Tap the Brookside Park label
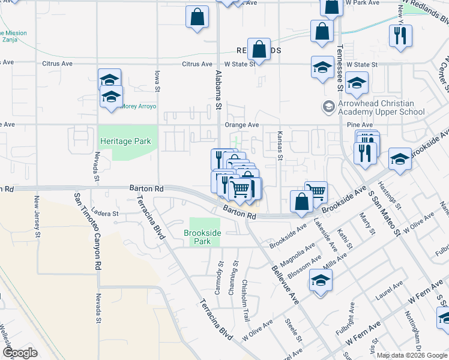click(202, 236)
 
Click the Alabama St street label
click(218, 90)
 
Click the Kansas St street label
click(279, 146)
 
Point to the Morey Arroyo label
click(139, 106)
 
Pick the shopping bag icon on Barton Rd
click(301, 202)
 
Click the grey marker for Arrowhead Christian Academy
click(328, 107)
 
